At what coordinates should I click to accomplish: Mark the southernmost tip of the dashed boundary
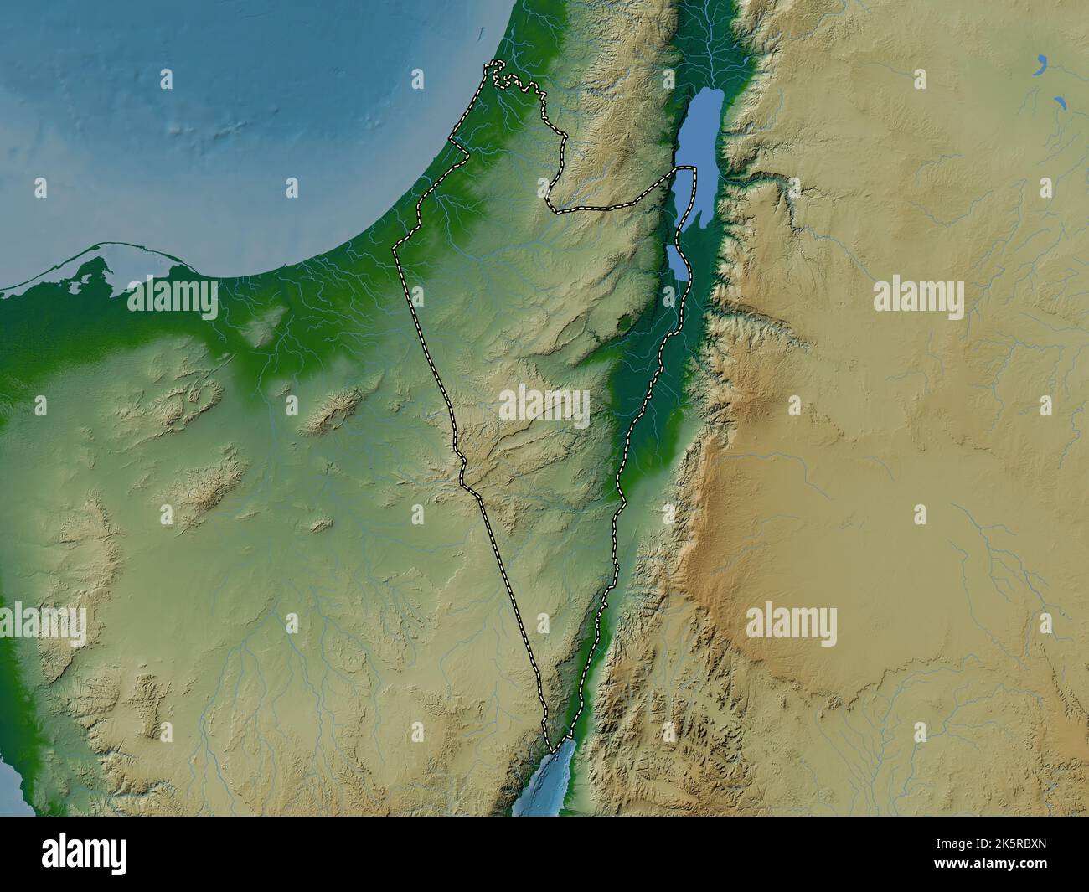pos(552,750)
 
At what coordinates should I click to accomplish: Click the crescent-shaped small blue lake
pos(1041,63)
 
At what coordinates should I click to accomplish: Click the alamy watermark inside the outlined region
pos(544,406)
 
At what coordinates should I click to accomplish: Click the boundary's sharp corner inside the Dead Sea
pos(694,169)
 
